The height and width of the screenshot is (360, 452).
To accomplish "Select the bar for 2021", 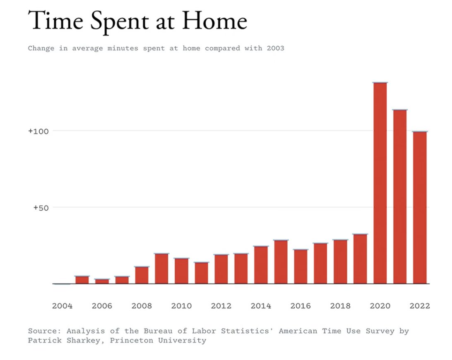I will [x=400, y=197].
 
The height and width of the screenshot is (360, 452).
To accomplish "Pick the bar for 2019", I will [x=360, y=259].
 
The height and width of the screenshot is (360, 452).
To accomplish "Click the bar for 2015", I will [x=281, y=262].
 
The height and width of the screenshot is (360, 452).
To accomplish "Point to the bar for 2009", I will [x=161, y=269].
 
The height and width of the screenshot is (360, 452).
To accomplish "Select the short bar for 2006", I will [x=102, y=281].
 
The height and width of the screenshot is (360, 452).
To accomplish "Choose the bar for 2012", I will [x=221, y=269].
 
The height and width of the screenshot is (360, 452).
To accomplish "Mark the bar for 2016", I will [x=301, y=266].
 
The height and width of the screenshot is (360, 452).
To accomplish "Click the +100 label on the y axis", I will [x=38, y=131].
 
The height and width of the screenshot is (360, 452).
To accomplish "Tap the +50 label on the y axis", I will [x=41, y=207].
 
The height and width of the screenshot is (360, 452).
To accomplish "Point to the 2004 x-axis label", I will [x=62, y=306].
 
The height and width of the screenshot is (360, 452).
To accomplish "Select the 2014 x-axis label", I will [x=261, y=306].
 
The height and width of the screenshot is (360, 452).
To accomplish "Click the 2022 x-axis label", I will [x=420, y=306].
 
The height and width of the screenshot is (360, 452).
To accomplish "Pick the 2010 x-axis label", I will [x=181, y=306].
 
